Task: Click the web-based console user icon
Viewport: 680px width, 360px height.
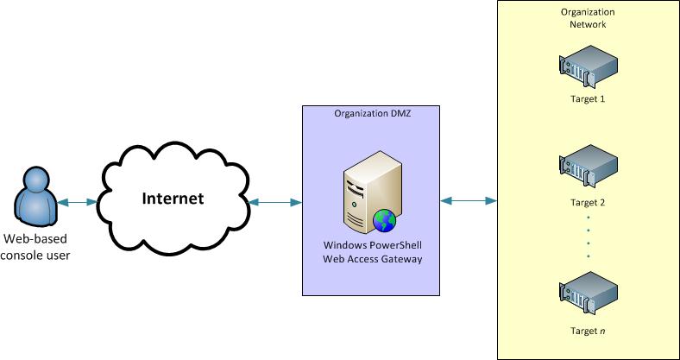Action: point(35,198)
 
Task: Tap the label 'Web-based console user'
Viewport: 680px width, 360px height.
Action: point(37,246)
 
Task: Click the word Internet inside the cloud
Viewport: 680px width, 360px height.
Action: point(173,199)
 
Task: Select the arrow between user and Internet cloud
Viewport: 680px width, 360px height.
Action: point(78,202)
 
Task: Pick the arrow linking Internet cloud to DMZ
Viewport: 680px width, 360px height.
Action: point(274,202)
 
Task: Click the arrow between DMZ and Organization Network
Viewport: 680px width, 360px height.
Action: point(469,201)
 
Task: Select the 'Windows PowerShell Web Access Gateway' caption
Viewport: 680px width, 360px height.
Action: point(372,251)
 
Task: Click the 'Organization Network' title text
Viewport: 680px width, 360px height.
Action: point(589,18)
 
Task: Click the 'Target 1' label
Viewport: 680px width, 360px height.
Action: point(589,98)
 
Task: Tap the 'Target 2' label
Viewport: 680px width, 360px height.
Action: point(589,203)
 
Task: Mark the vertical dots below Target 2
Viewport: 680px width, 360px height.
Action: point(589,237)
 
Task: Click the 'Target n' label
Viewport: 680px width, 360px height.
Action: point(589,331)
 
